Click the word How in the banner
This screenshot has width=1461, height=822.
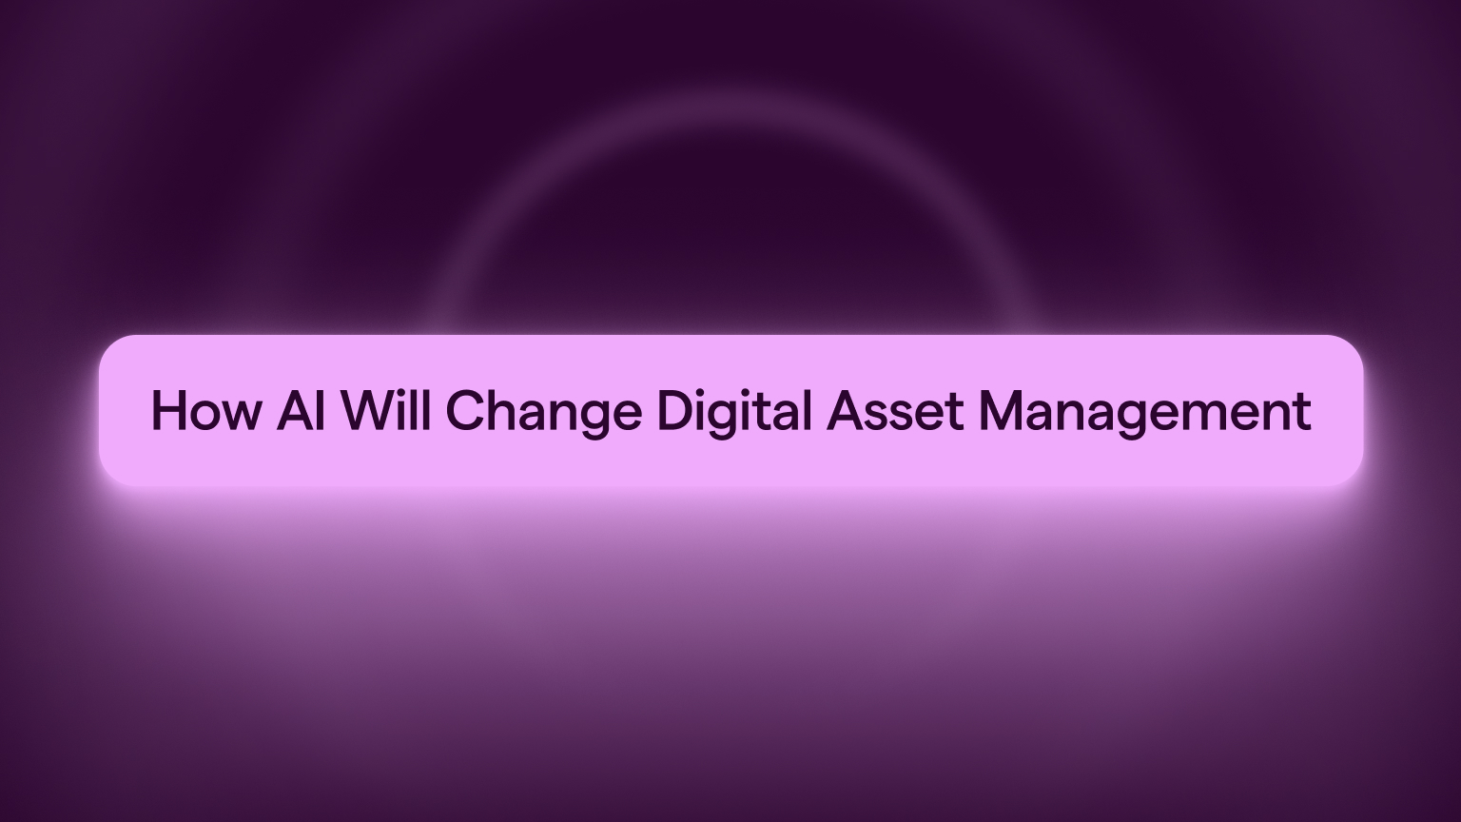(204, 411)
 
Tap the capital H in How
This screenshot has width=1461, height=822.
(170, 411)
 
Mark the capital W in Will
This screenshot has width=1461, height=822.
(365, 411)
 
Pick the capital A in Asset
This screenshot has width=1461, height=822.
(846, 411)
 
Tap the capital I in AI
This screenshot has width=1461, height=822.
(321, 411)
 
